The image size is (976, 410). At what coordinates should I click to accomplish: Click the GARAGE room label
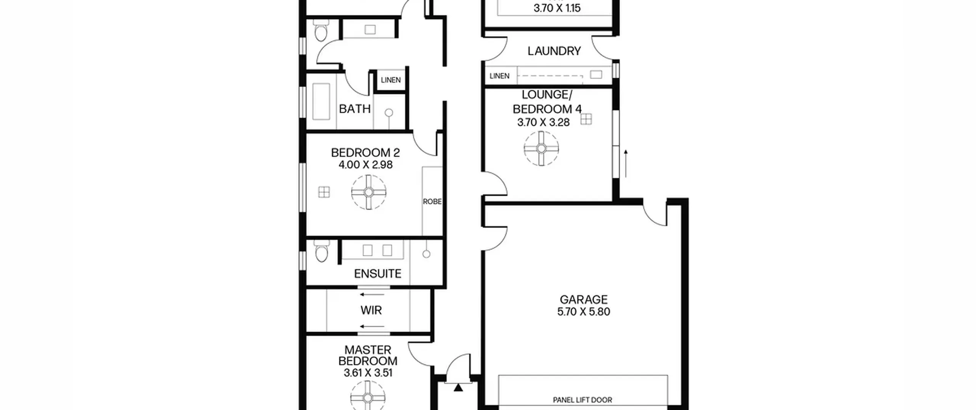(x=583, y=299)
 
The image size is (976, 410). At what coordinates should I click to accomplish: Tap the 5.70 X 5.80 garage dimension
(x=583, y=312)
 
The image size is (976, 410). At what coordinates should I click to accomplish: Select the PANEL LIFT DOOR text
(x=582, y=400)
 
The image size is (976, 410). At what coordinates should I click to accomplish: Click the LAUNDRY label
(x=554, y=51)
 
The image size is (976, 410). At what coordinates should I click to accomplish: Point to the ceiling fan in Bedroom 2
(x=369, y=192)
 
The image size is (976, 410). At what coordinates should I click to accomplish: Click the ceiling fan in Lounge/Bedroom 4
(x=541, y=148)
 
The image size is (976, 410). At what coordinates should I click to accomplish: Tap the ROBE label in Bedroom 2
(x=432, y=201)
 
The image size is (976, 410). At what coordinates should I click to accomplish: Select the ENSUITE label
(x=377, y=273)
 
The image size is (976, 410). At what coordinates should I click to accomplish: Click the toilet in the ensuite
(x=322, y=251)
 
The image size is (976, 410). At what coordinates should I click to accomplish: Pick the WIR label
(x=371, y=310)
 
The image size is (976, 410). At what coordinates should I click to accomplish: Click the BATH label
(x=355, y=109)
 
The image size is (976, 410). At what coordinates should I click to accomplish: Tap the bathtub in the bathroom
(x=321, y=101)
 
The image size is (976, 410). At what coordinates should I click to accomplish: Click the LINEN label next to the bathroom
(x=391, y=80)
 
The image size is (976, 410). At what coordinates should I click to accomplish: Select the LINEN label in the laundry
(x=499, y=76)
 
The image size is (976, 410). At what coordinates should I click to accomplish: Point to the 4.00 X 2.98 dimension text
(x=366, y=165)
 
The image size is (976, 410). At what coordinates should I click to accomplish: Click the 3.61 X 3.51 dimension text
(x=368, y=373)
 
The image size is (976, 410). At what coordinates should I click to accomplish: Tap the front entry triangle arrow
(x=458, y=388)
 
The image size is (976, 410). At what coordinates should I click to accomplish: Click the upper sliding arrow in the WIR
(x=372, y=294)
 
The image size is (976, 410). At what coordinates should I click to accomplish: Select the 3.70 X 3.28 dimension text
(x=543, y=122)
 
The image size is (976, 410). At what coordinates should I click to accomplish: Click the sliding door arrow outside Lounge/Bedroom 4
(x=626, y=164)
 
